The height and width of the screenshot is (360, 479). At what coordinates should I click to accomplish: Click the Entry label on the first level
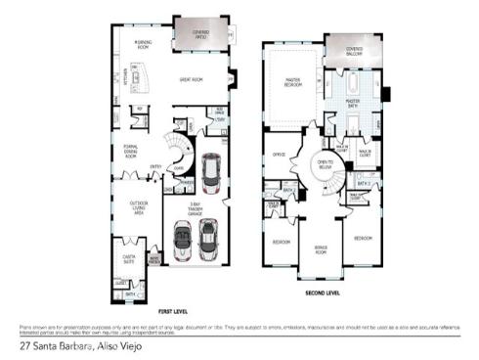tap(155, 167)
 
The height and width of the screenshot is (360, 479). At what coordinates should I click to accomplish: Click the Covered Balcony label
tap(354, 51)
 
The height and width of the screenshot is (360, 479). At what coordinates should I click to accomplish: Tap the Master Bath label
tap(354, 101)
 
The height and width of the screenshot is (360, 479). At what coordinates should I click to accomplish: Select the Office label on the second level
tap(279, 154)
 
